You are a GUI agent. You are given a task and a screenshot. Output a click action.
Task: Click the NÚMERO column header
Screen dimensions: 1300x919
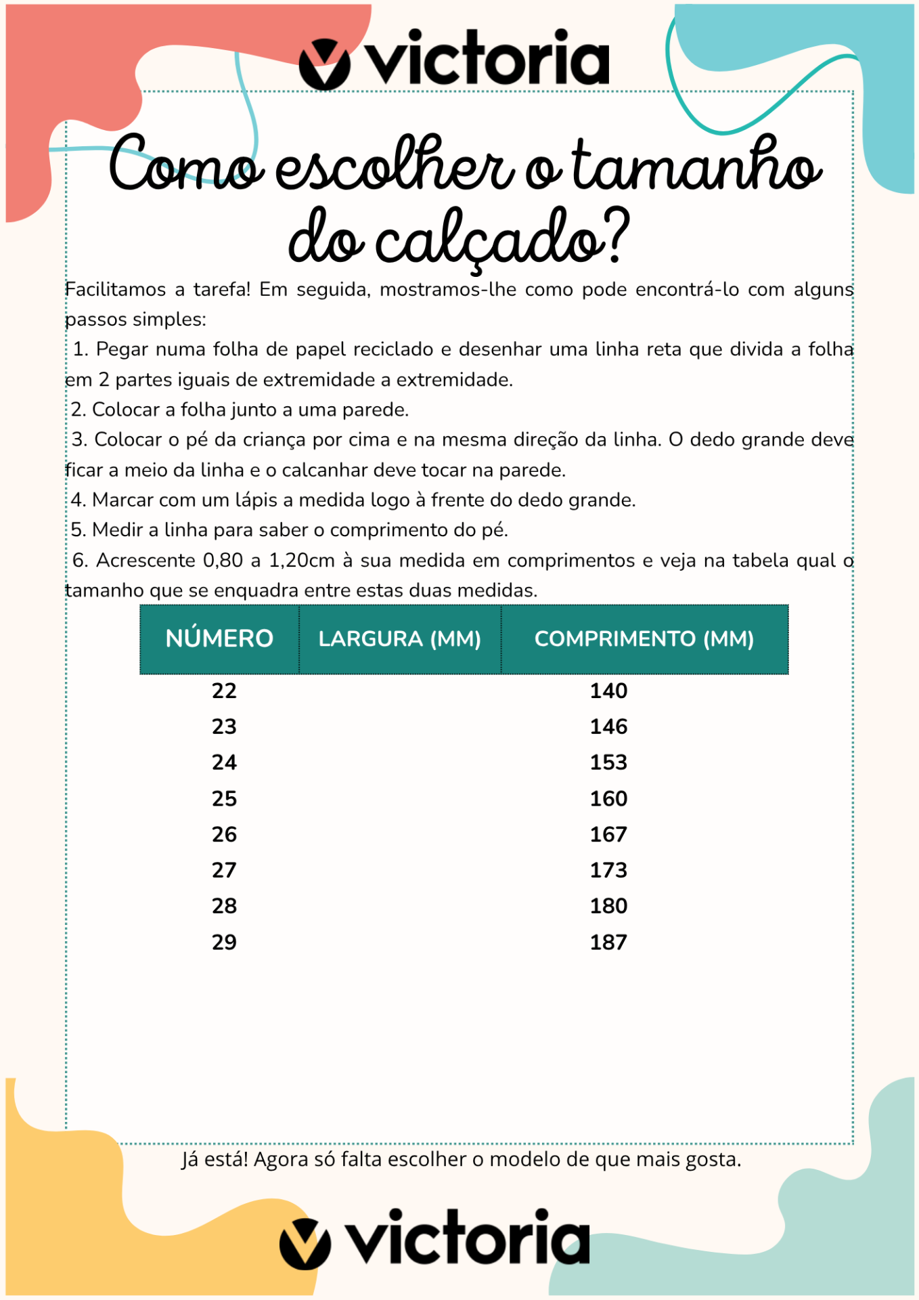(x=219, y=638)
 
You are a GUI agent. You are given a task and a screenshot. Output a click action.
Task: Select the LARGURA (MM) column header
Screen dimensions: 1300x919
(x=399, y=638)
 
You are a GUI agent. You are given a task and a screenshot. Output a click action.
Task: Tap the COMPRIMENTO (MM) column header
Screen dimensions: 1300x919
(x=644, y=638)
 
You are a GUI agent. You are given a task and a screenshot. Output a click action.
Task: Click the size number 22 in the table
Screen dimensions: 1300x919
(x=224, y=691)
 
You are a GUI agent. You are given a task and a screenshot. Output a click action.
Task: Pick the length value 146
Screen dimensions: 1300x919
(x=608, y=727)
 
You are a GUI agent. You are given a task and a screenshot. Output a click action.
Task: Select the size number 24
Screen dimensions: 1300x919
(x=224, y=762)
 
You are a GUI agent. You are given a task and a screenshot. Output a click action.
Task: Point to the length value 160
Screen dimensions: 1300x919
(x=608, y=798)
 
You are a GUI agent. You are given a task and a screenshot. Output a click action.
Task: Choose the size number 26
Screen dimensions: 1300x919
(x=224, y=834)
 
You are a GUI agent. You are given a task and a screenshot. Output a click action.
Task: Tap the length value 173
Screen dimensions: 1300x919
(x=608, y=870)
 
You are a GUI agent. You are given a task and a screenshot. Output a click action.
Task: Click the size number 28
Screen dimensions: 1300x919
(x=224, y=906)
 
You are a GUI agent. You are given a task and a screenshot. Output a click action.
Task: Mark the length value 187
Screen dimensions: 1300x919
(x=608, y=942)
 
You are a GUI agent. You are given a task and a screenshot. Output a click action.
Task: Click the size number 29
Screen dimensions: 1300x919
(x=224, y=942)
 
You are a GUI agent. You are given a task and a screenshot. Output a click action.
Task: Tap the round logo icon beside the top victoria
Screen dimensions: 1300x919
(x=324, y=64)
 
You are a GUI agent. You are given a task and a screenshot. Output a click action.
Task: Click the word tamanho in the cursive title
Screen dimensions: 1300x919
(x=697, y=166)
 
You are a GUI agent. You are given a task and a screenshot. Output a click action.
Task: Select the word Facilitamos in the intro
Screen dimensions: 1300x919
(x=115, y=290)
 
